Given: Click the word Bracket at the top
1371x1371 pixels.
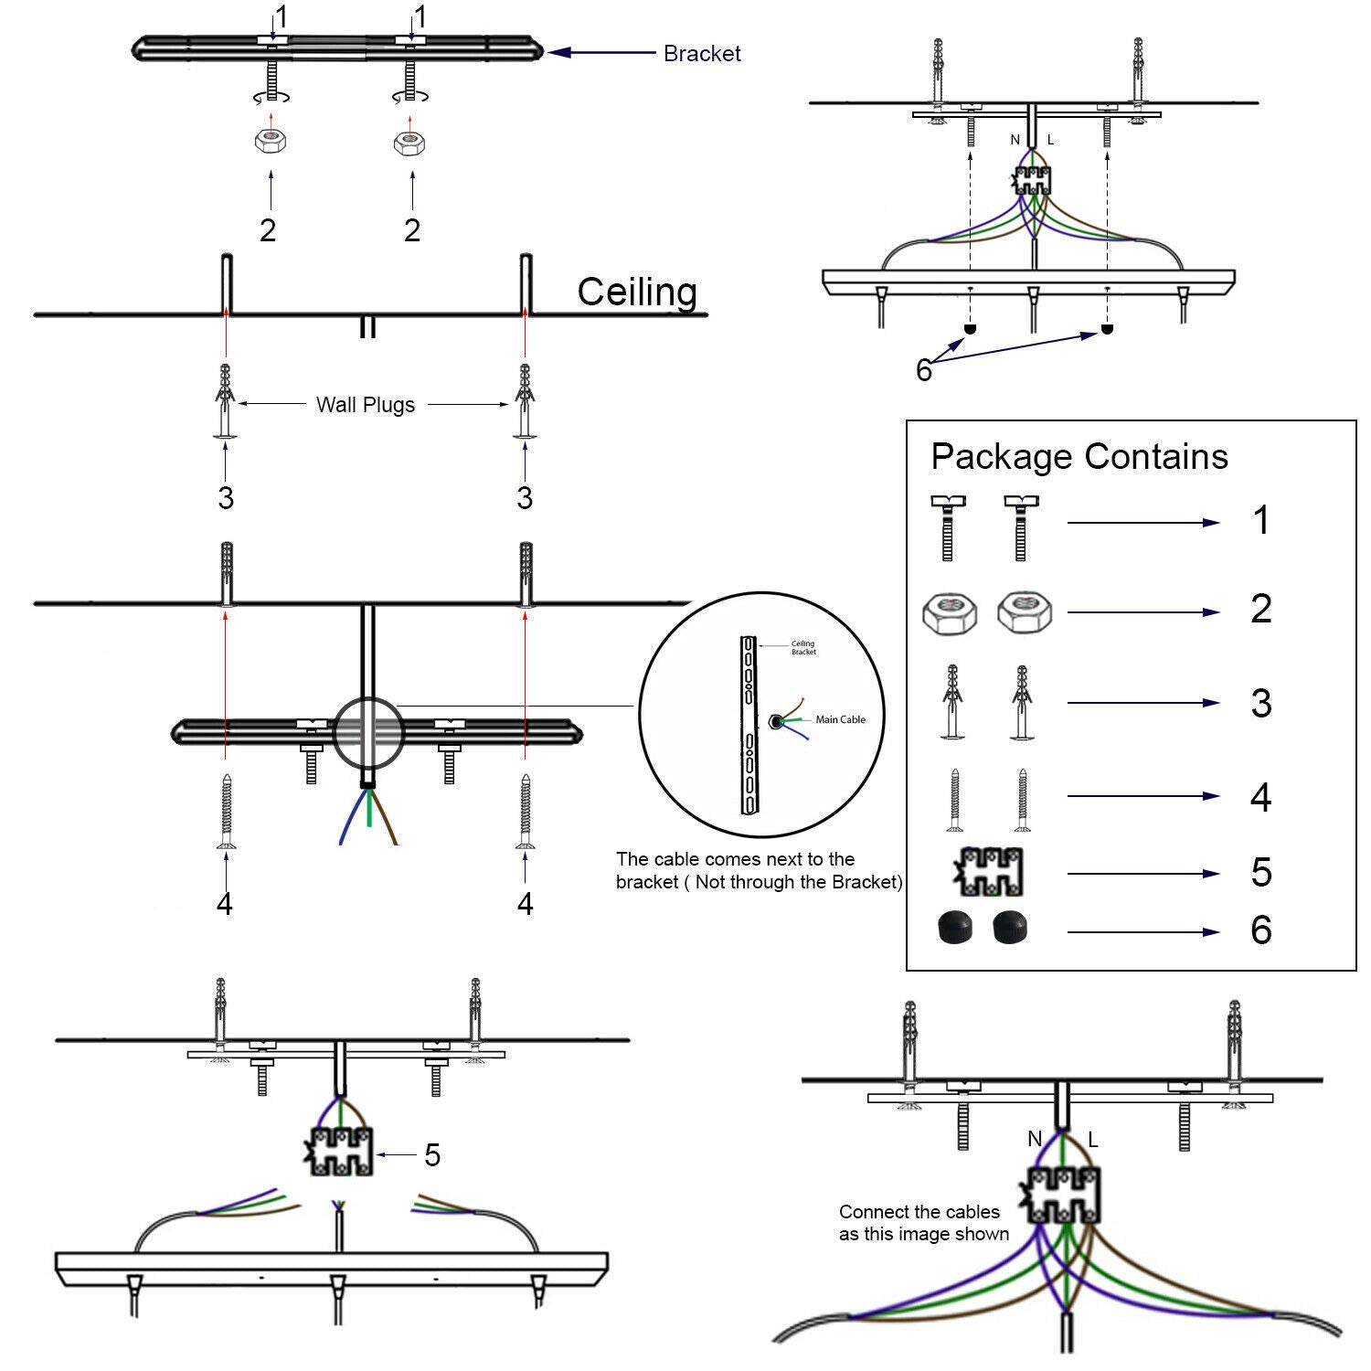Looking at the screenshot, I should pyautogui.click(x=701, y=54).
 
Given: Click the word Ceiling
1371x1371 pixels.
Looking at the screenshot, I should pyautogui.click(x=637, y=292).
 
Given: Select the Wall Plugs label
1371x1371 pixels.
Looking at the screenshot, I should pyautogui.click(x=365, y=405).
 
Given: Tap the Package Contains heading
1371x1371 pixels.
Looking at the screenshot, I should pyautogui.click(x=1079, y=456).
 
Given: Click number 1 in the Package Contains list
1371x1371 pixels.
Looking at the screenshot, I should pyautogui.click(x=1260, y=521).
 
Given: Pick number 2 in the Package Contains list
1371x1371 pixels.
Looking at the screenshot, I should pyautogui.click(x=1260, y=610).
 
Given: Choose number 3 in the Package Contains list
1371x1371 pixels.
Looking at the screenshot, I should pyautogui.click(x=1260, y=704).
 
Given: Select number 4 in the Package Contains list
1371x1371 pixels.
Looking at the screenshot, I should pyautogui.click(x=1260, y=797).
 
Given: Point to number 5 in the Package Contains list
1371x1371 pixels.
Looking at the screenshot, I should pyautogui.click(x=1260, y=873).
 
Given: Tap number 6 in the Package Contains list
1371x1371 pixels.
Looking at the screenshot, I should pyautogui.click(x=1260, y=930).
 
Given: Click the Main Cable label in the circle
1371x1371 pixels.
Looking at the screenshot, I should pyautogui.click(x=840, y=720).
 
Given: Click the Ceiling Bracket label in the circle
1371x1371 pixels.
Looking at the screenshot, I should pyautogui.click(x=802, y=648).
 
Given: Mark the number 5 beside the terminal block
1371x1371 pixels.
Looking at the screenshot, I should pyautogui.click(x=432, y=1155).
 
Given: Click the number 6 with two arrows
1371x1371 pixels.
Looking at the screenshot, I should pyautogui.click(x=923, y=370).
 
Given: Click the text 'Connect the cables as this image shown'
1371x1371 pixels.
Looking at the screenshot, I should pyautogui.click(x=923, y=1223).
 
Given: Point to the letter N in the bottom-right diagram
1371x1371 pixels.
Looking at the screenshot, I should pyautogui.click(x=1035, y=1139).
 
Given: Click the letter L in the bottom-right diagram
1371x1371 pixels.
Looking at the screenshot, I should pyautogui.click(x=1093, y=1141).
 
